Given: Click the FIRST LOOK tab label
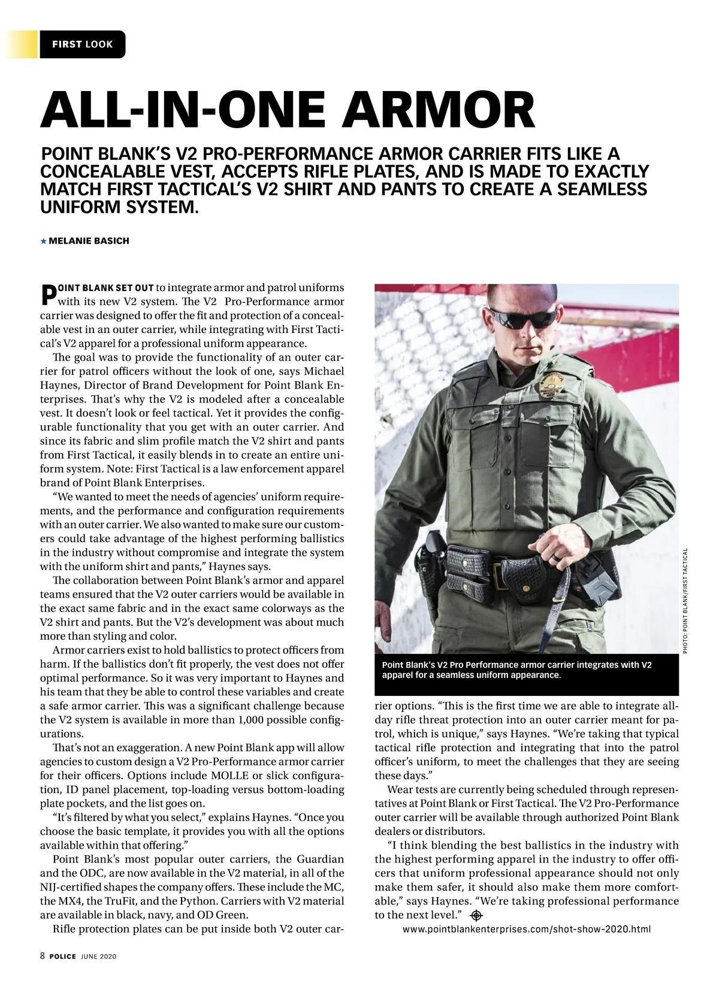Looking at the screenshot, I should [82, 44].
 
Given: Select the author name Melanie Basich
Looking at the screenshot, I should [89, 241].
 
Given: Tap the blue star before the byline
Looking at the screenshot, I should [43, 241].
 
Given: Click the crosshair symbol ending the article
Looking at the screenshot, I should [477, 915].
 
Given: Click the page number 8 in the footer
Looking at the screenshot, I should [43, 956].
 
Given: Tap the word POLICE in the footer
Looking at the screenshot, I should [62, 956].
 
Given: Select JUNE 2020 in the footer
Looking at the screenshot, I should [98, 956].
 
